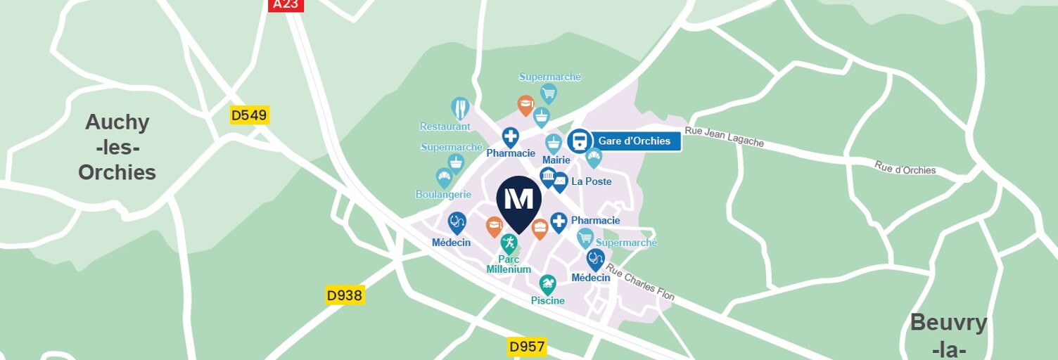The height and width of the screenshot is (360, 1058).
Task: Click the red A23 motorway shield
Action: (x=286, y=5)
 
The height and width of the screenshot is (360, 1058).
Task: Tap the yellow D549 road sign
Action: (x=250, y=115)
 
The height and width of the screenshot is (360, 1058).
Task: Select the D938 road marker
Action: (x=345, y=295)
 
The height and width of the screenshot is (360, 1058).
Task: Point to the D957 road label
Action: (x=527, y=347)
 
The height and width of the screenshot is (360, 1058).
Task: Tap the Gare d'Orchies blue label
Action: (x=635, y=141)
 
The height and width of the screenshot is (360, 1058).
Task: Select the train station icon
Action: (x=579, y=141)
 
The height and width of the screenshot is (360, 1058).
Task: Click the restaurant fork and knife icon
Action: (x=460, y=108)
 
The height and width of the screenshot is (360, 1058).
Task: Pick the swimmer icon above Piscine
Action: (x=547, y=284)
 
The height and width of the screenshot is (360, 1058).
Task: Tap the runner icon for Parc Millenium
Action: (x=509, y=243)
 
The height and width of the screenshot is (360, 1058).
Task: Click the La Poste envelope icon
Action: (x=560, y=182)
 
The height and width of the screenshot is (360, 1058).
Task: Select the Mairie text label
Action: (x=556, y=160)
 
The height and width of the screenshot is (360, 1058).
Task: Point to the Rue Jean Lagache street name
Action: (x=724, y=137)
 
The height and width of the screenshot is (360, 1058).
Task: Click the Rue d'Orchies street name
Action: (x=905, y=168)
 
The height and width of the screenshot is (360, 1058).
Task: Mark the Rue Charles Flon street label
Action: (x=640, y=282)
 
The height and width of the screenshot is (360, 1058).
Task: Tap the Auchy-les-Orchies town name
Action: (x=117, y=148)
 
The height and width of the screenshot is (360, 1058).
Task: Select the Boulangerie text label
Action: (x=443, y=194)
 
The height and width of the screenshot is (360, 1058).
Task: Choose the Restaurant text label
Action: (x=445, y=127)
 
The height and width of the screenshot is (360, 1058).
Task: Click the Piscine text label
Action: (x=547, y=301)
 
